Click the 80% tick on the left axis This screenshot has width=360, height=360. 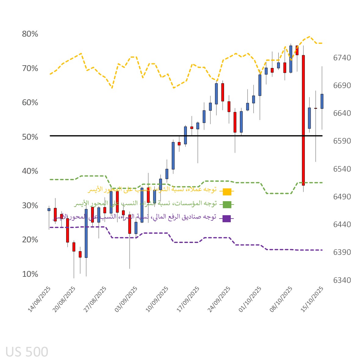(x=30, y=34)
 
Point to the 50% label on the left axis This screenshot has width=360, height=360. (x=30, y=137)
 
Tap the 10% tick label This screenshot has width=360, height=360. (x=30, y=274)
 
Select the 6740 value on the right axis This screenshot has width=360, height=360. (x=342, y=58)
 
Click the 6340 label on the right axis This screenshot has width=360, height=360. (x=342, y=280)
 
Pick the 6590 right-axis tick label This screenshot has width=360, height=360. (x=342, y=141)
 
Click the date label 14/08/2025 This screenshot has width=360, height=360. (x=39, y=299)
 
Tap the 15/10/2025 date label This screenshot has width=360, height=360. (x=312, y=299)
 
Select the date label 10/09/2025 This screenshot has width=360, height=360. (x=157, y=299)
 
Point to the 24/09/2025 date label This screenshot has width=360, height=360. (x=219, y=299)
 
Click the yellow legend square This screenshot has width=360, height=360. (x=227, y=192)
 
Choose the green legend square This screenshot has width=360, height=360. (x=227, y=205)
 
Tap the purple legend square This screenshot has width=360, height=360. (x=226, y=218)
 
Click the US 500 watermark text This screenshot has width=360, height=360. (x=27, y=352)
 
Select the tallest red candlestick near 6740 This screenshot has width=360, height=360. (x=303, y=120)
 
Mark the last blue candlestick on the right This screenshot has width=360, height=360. (x=322, y=101)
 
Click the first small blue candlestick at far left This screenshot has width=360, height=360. (x=49, y=209)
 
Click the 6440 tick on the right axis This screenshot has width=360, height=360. (x=342, y=224)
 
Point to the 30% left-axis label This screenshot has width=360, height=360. (x=30, y=205)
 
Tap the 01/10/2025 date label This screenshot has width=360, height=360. (x=250, y=299)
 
